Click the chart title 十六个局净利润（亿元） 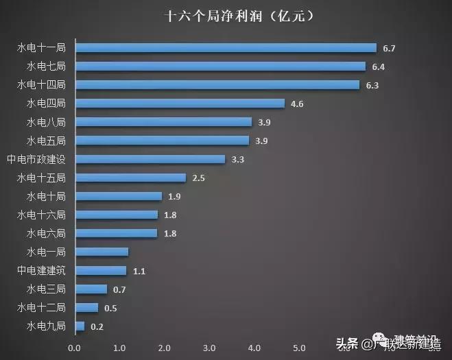(233, 15)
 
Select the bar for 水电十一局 (226, 48)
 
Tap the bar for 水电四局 (180, 104)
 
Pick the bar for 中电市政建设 (150, 159)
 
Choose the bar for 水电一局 (102, 252)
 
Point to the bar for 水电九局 (80, 326)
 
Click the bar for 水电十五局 (130, 178)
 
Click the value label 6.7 (390, 48)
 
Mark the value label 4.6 (298, 104)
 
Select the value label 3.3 (239, 159)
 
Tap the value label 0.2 (97, 326)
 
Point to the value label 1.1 (139, 271)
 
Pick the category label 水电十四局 (41, 85)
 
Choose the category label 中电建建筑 (41, 270)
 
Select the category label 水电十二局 (41, 307)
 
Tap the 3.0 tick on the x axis (209, 347)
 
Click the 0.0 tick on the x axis (75, 347)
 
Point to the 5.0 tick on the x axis (299, 347)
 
